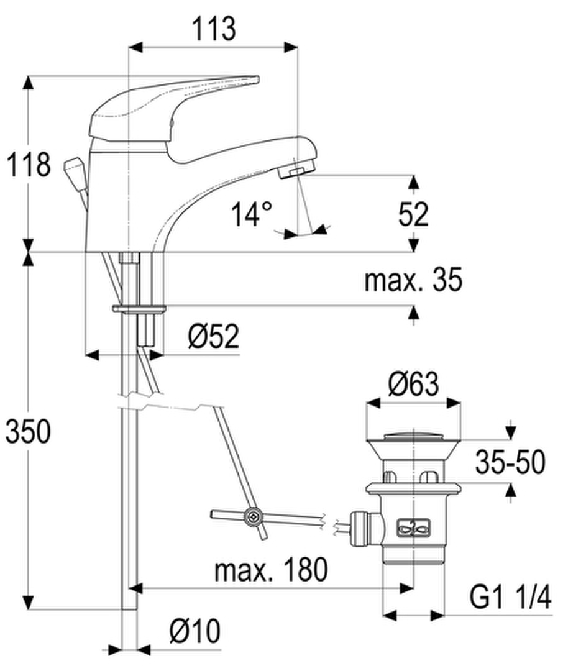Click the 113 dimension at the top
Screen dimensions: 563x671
(214, 29)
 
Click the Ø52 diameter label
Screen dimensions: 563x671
(213, 336)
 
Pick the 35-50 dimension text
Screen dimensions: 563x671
(511, 462)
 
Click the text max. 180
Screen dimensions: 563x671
(271, 570)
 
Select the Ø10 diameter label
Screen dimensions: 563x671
(195, 631)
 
